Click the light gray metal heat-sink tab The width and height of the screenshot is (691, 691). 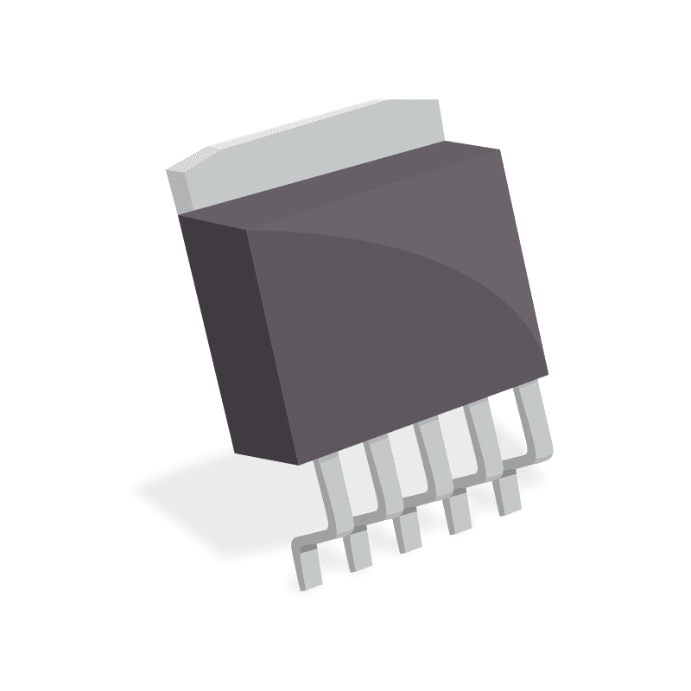pyautogui.click(x=328, y=147)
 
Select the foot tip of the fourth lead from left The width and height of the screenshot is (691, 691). pyautogui.click(x=458, y=517)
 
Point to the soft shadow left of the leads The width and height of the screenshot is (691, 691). pyautogui.click(x=216, y=501)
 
